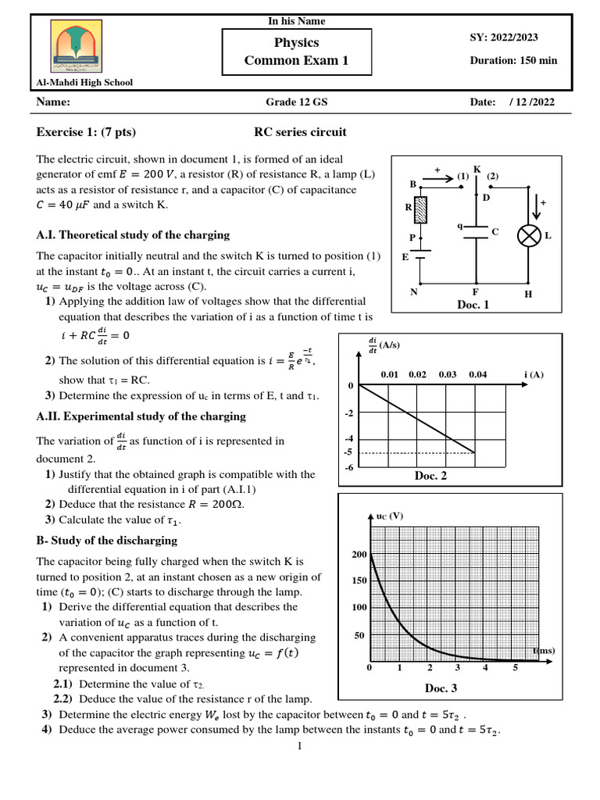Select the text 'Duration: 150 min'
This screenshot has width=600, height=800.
(x=513, y=61)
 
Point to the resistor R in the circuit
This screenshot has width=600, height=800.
(x=421, y=209)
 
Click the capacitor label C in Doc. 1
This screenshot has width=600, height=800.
(x=494, y=232)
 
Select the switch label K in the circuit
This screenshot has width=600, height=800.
(x=476, y=169)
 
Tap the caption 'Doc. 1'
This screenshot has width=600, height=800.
(x=473, y=305)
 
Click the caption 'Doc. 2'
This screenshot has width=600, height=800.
(x=430, y=475)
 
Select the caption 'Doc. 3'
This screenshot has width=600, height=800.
(x=441, y=687)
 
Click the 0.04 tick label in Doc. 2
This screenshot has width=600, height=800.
(x=477, y=375)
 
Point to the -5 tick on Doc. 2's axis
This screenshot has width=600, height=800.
(x=348, y=452)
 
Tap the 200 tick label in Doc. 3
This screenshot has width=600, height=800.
(x=359, y=554)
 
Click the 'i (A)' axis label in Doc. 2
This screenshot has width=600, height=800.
(x=534, y=375)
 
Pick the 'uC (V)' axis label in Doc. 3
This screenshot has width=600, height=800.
(x=389, y=516)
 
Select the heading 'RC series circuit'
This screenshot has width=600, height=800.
(x=300, y=132)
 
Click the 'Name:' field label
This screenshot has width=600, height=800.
(x=53, y=102)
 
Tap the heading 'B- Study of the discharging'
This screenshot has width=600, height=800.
(x=107, y=540)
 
